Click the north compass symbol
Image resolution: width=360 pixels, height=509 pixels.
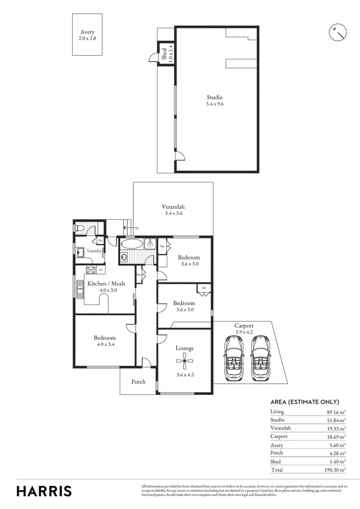click(x=337, y=32)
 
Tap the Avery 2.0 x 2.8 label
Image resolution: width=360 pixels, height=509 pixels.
click(x=87, y=35)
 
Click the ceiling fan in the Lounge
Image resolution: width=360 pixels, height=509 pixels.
click(x=184, y=362)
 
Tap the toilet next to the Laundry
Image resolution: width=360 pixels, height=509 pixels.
click(x=80, y=229)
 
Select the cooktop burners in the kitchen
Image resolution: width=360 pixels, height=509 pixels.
click(x=90, y=270)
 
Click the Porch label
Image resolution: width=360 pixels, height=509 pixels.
click(x=138, y=382)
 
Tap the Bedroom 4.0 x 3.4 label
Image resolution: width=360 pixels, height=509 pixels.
click(x=104, y=341)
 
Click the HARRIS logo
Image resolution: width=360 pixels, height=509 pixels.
click(x=44, y=491)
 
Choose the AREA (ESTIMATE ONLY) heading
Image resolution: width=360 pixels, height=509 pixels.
click(x=304, y=402)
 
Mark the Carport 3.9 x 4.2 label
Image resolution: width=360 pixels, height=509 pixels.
click(x=244, y=328)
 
